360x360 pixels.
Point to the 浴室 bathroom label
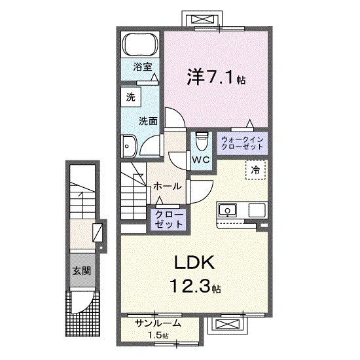(x=143, y=67)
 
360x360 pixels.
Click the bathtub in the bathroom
(x=141, y=46)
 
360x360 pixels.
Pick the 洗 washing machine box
(x=130, y=96)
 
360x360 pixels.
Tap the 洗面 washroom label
(x=148, y=120)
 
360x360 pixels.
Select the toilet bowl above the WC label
(x=202, y=141)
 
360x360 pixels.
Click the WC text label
(x=200, y=159)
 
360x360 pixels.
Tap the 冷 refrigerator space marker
(x=256, y=170)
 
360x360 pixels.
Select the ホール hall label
(x=167, y=187)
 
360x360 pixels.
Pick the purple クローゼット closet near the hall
(x=170, y=219)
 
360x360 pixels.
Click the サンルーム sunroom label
(x=158, y=324)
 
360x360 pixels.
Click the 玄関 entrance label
(x=82, y=270)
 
